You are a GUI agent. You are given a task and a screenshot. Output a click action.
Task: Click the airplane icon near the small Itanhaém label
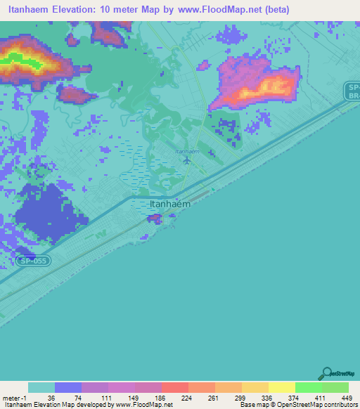(x=186, y=160)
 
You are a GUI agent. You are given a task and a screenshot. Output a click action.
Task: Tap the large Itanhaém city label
(x=170, y=204)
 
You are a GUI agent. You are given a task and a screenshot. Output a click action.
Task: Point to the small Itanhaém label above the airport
(x=186, y=151)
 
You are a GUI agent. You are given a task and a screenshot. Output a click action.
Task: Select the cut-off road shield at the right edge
(x=352, y=90)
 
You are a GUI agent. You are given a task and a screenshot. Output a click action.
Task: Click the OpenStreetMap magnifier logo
(x=326, y=374)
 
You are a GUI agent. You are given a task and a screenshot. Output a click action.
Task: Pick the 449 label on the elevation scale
(x=347, y=398)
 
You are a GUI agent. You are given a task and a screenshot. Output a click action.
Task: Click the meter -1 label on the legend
(x=14, y=398)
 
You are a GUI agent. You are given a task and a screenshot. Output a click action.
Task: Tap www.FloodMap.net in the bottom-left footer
(x=141, y=405)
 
